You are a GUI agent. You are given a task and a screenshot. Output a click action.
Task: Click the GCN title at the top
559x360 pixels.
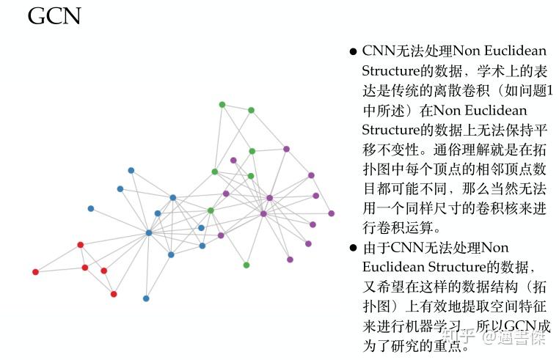54,15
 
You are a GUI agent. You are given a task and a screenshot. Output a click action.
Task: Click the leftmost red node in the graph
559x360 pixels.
35,272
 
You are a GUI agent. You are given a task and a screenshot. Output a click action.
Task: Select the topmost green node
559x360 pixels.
222,104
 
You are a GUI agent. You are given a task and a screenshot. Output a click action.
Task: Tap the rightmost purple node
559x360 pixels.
332,213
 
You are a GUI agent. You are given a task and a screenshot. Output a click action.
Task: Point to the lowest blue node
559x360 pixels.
146,298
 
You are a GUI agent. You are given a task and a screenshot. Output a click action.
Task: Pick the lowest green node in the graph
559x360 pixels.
246,265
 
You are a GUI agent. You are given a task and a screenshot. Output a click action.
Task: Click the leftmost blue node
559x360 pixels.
91,208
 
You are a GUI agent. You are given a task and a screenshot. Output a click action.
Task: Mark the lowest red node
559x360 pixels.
114,294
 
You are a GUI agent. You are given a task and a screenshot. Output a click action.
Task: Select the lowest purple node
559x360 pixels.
290,260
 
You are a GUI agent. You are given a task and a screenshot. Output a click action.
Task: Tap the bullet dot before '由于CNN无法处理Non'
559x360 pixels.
353,248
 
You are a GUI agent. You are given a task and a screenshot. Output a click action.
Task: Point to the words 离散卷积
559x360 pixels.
466,91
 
